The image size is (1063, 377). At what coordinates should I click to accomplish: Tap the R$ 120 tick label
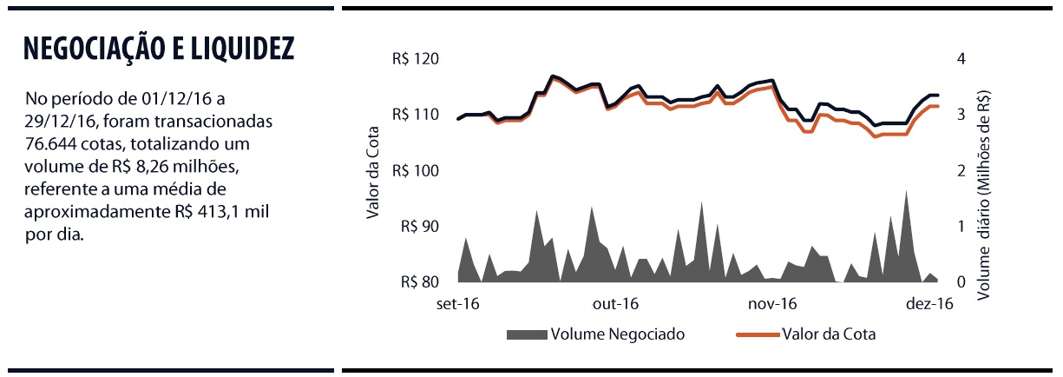pos(416,59)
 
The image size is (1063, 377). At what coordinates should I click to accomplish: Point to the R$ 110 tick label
pos(416,115)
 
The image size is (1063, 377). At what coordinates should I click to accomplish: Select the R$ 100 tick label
pos(416,171)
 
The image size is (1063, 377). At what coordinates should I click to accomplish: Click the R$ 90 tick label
pos(419,227)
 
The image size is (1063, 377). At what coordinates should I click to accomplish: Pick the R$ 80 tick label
pos(419,282)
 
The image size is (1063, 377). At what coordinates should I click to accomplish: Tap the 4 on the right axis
pos(960,59)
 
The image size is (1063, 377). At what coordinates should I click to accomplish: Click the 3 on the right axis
pos(960,115)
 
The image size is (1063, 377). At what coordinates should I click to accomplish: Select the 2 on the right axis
pos(960,171)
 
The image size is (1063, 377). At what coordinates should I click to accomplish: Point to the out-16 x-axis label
pos(616,304)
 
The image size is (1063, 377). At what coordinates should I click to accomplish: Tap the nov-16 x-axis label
pos(772,304)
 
